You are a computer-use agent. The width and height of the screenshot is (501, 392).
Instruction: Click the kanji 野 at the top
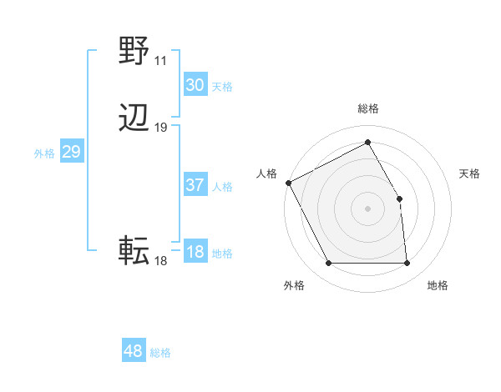click(x=134, y=52)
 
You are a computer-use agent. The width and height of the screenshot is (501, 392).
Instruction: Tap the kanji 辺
click(x=134, y=119)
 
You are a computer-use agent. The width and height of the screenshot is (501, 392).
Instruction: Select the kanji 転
click(x=134, y=250)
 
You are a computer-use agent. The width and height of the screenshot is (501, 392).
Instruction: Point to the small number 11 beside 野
click(x=160, y=61)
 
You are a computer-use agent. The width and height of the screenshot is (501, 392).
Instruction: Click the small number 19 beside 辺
click(x=161, y=128)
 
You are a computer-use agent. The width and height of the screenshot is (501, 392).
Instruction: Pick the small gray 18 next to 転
click(x=160, y=261)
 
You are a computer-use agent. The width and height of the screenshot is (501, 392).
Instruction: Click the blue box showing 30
click(x=195, y=84)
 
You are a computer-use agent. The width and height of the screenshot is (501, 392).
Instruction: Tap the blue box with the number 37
click(x=195, y=185)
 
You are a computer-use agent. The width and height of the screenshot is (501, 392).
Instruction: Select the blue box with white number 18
click(x=195, y=252)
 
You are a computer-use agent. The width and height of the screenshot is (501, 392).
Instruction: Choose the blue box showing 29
click(x=71, y=152)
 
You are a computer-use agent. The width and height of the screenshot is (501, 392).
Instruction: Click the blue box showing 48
click(x=133, y=351)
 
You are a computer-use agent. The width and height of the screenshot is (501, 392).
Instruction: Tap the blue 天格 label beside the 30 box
click(x=222, y=86)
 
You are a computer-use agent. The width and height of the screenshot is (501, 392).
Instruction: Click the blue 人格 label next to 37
click(x=222, y=187)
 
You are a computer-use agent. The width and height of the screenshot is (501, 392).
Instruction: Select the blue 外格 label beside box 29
click(x=44, y=153)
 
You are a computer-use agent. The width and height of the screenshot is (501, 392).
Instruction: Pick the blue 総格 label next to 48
click(x=160, y=353)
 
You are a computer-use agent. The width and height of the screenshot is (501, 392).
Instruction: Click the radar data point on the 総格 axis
click(x=368, y=143)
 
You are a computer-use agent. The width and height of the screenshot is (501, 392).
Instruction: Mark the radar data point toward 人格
click(x=288, y=182)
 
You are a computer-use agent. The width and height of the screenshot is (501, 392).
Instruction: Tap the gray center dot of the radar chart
click(x=368, y=209)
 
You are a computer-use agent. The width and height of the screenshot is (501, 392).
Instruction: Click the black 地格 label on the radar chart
click(x=438, y=285)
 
